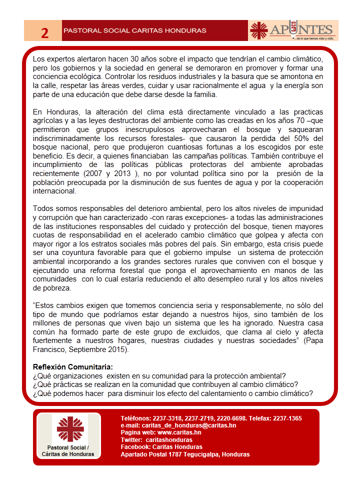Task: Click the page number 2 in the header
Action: [x=44, y=33]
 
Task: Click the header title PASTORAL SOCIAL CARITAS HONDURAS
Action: [x=134, y=31]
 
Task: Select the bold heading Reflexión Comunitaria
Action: [x=72, y=367]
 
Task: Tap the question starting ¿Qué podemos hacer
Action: [x=173, y=393]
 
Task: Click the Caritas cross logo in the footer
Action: [x=70, y=429]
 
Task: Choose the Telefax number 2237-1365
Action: [x=287, y=418]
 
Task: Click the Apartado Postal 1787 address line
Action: [x=185, y=454]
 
